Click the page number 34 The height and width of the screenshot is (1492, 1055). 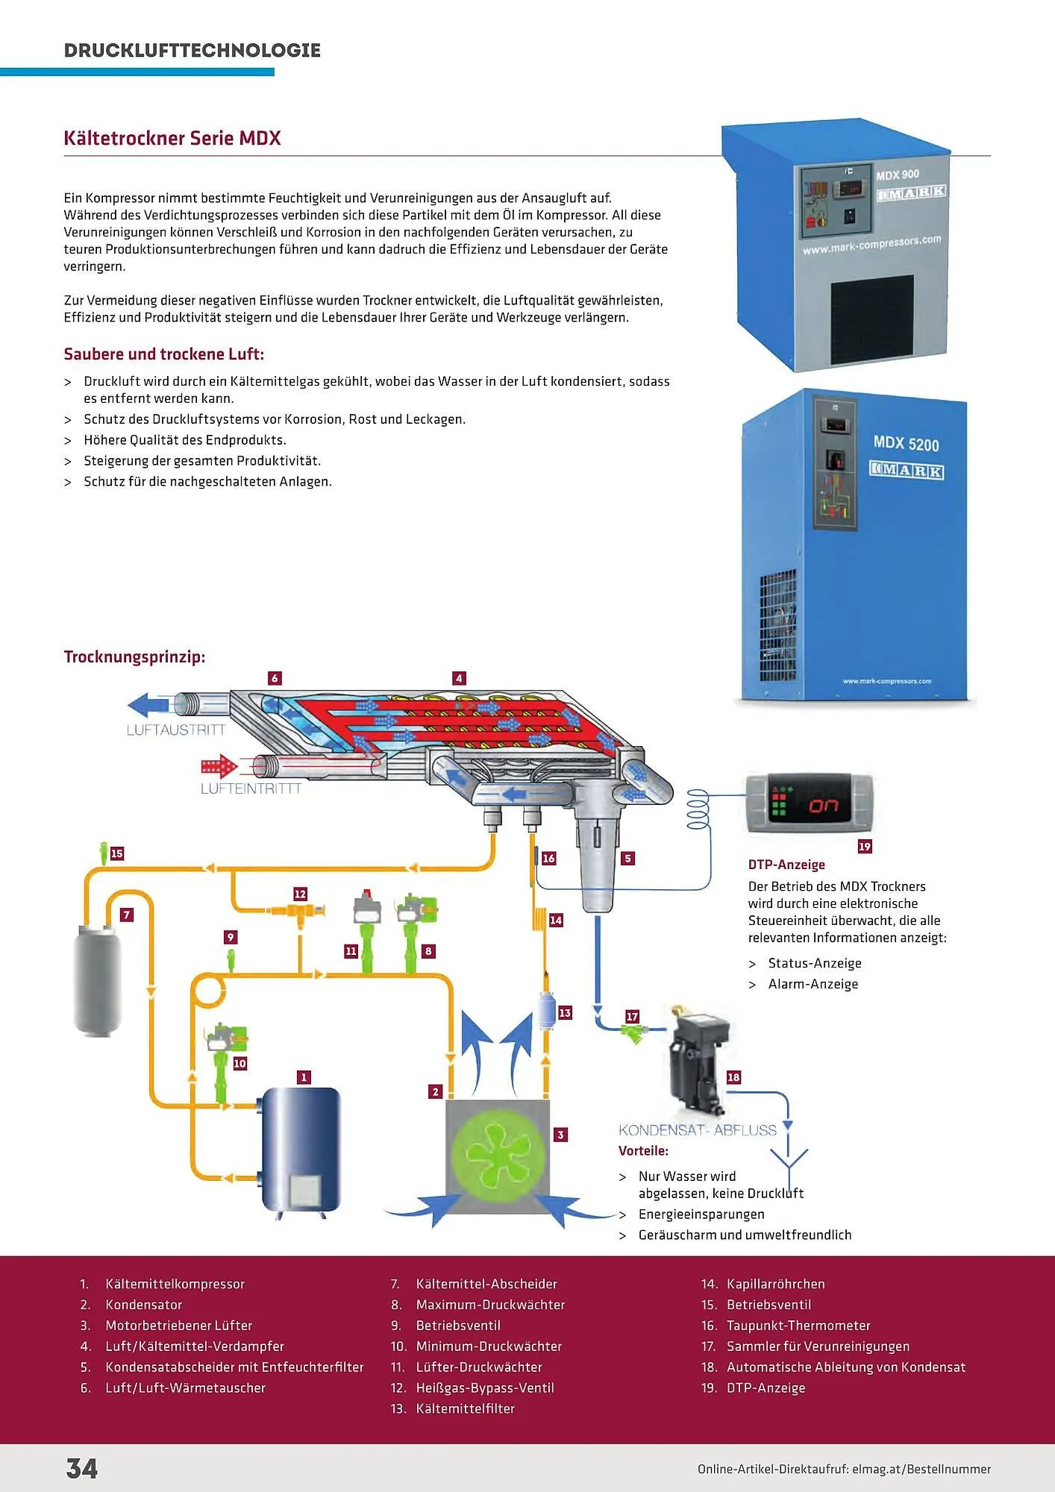pyautogui.click(x=82, y=1468)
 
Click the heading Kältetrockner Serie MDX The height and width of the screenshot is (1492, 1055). pyautogui.click(x=172, y=138)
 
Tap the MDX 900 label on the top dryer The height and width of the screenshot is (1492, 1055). pyautogui.click(x=897, y=175)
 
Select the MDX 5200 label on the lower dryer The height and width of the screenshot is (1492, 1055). pyautogui.click(x=906, y=443)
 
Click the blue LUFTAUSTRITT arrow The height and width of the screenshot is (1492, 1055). pyautogui.click(x=148, y=704)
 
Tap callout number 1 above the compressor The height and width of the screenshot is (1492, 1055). pyautogui.click(x=304, y=1077)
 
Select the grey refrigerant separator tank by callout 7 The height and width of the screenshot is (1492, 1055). pyautogui.click(x=97, y=979)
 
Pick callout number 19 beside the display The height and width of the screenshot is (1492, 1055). pyautogui.click(x=865, y=847)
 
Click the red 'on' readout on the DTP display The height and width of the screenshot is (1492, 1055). pyautogui.click(x=824, y=805)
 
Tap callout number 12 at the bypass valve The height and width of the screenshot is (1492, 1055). pyautogui.click(x=300, y=894)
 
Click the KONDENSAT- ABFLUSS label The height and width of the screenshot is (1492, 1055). pyautogui.click(x=698, y=1130)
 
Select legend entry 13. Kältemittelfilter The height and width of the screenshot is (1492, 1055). pyautogui.click(x=465, y=1408)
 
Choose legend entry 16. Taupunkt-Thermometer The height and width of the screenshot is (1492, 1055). pyautogui.click(x=798, y=1326)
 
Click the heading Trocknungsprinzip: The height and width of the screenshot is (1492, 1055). pyautogui.click(x=134, y=656)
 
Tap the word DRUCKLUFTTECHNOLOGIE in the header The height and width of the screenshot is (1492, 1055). pyautogui.click(x=192, y=50)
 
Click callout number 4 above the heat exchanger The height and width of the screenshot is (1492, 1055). pyautogui.click(x=459, y=678)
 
